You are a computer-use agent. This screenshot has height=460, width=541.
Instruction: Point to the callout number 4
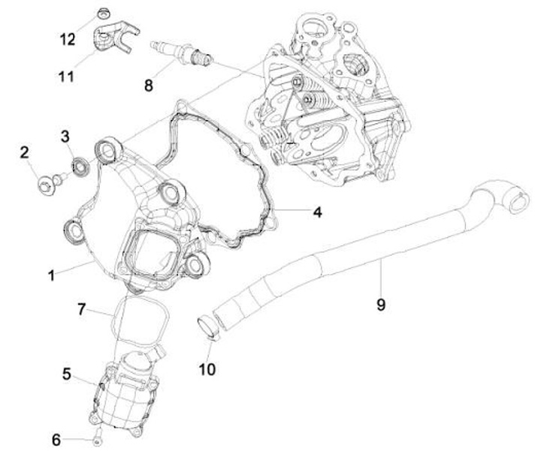pyautogui.click(x=317, y=212)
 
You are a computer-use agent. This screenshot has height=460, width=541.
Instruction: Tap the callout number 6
pyautogui.click(x=56, y=440)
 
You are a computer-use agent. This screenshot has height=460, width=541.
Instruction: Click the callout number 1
pyautogui.click(x=51, y=275)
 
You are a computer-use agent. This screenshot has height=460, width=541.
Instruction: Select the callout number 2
pyautogui.click(x=24, y=152)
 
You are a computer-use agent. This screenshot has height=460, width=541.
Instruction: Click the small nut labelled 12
pyautogui.click(x=102, y=13)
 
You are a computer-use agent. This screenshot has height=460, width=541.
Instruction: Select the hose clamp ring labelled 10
pyautogui.click(x=207, y=327)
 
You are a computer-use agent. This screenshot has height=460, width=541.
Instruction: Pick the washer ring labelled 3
pyautogui.click(x=78, y=164)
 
